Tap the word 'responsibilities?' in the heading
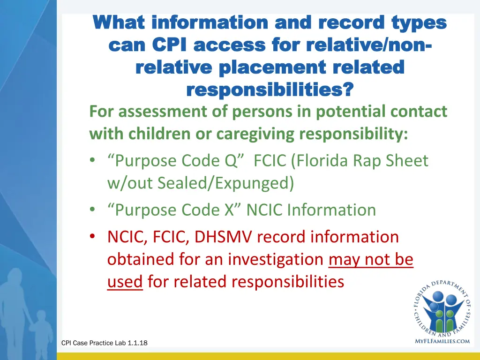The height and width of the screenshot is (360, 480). [x=270, y=89]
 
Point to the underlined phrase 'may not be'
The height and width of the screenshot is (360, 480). [x=371, y=259]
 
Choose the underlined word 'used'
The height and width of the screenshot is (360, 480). [x=125, y=282]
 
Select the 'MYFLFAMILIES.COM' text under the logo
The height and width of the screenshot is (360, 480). [x=442, y=341]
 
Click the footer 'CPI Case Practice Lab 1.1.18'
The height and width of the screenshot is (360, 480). [x=105, y=343]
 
